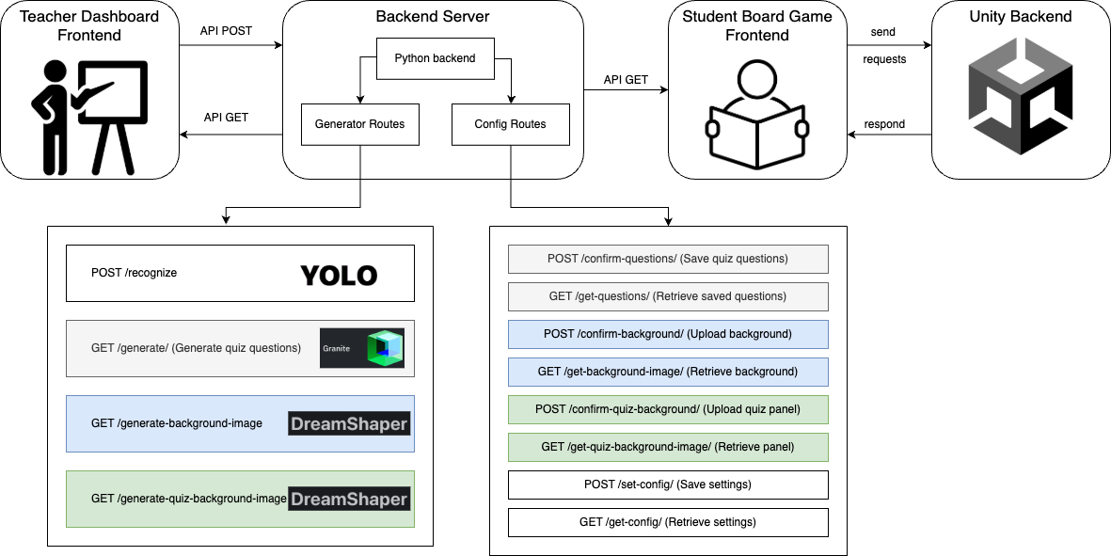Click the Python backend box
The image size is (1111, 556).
point(435,58)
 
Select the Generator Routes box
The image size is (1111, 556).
point(359,124)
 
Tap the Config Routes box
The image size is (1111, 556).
point(510,124)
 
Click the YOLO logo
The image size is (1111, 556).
point(339,275)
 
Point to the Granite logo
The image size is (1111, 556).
point(362,348)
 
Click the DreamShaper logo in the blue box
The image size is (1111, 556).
point(349,424)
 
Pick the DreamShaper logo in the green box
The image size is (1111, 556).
point(349,500)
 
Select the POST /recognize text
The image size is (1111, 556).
point(134,273)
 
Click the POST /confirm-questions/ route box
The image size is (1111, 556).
point(668,259)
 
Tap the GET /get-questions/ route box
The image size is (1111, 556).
point(668,296)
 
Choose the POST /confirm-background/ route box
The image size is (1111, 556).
point(668,334)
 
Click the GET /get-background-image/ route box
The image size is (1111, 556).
point(668,372)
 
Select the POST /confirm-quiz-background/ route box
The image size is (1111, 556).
point(668,409)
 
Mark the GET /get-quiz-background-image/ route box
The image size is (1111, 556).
point(668,447)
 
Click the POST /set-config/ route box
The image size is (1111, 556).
point(668,485)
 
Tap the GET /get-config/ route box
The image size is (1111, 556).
point(668,522)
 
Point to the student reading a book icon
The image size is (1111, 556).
point(757,113)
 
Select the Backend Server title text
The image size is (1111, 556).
point(433,16)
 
